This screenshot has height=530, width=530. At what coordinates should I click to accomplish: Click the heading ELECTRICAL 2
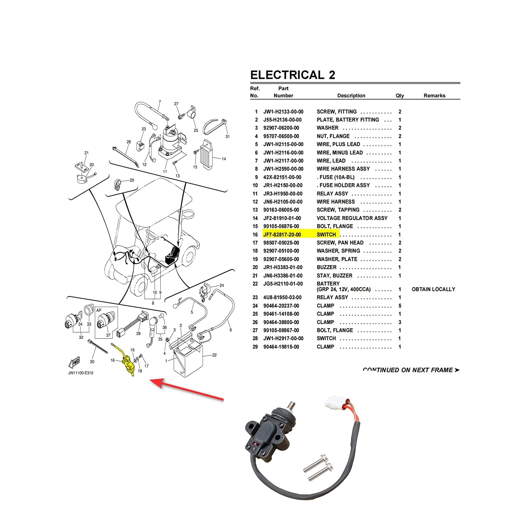(x=292, y=75)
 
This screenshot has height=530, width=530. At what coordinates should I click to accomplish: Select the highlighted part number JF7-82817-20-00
(x=282, y=235)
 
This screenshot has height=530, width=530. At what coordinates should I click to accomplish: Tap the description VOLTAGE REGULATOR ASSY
(x=352, y=218)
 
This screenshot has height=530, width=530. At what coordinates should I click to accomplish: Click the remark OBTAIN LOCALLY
(x=433, y=289)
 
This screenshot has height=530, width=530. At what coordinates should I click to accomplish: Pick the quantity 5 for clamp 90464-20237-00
(x=399, y=306)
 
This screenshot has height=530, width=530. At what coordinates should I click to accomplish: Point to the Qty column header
(x=399, y=95)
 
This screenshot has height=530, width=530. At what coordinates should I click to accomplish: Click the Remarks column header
(x=434, y=95)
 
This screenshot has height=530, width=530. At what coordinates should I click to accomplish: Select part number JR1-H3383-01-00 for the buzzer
(x=283, y=267)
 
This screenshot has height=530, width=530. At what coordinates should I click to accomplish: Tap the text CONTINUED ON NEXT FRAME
(x=411, y=370)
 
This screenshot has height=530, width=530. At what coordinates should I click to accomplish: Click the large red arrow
(x=185, y=390)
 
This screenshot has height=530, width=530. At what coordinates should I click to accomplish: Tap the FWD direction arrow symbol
(x=75, y=362)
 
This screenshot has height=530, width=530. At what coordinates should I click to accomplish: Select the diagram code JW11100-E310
(x=80, y=373)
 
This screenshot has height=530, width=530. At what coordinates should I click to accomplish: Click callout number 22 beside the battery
(x=214, y=355)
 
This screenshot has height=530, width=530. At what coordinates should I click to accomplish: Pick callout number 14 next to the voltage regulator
(x=224, y=159)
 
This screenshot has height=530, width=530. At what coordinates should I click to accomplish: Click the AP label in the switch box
(x=99, y=310)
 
